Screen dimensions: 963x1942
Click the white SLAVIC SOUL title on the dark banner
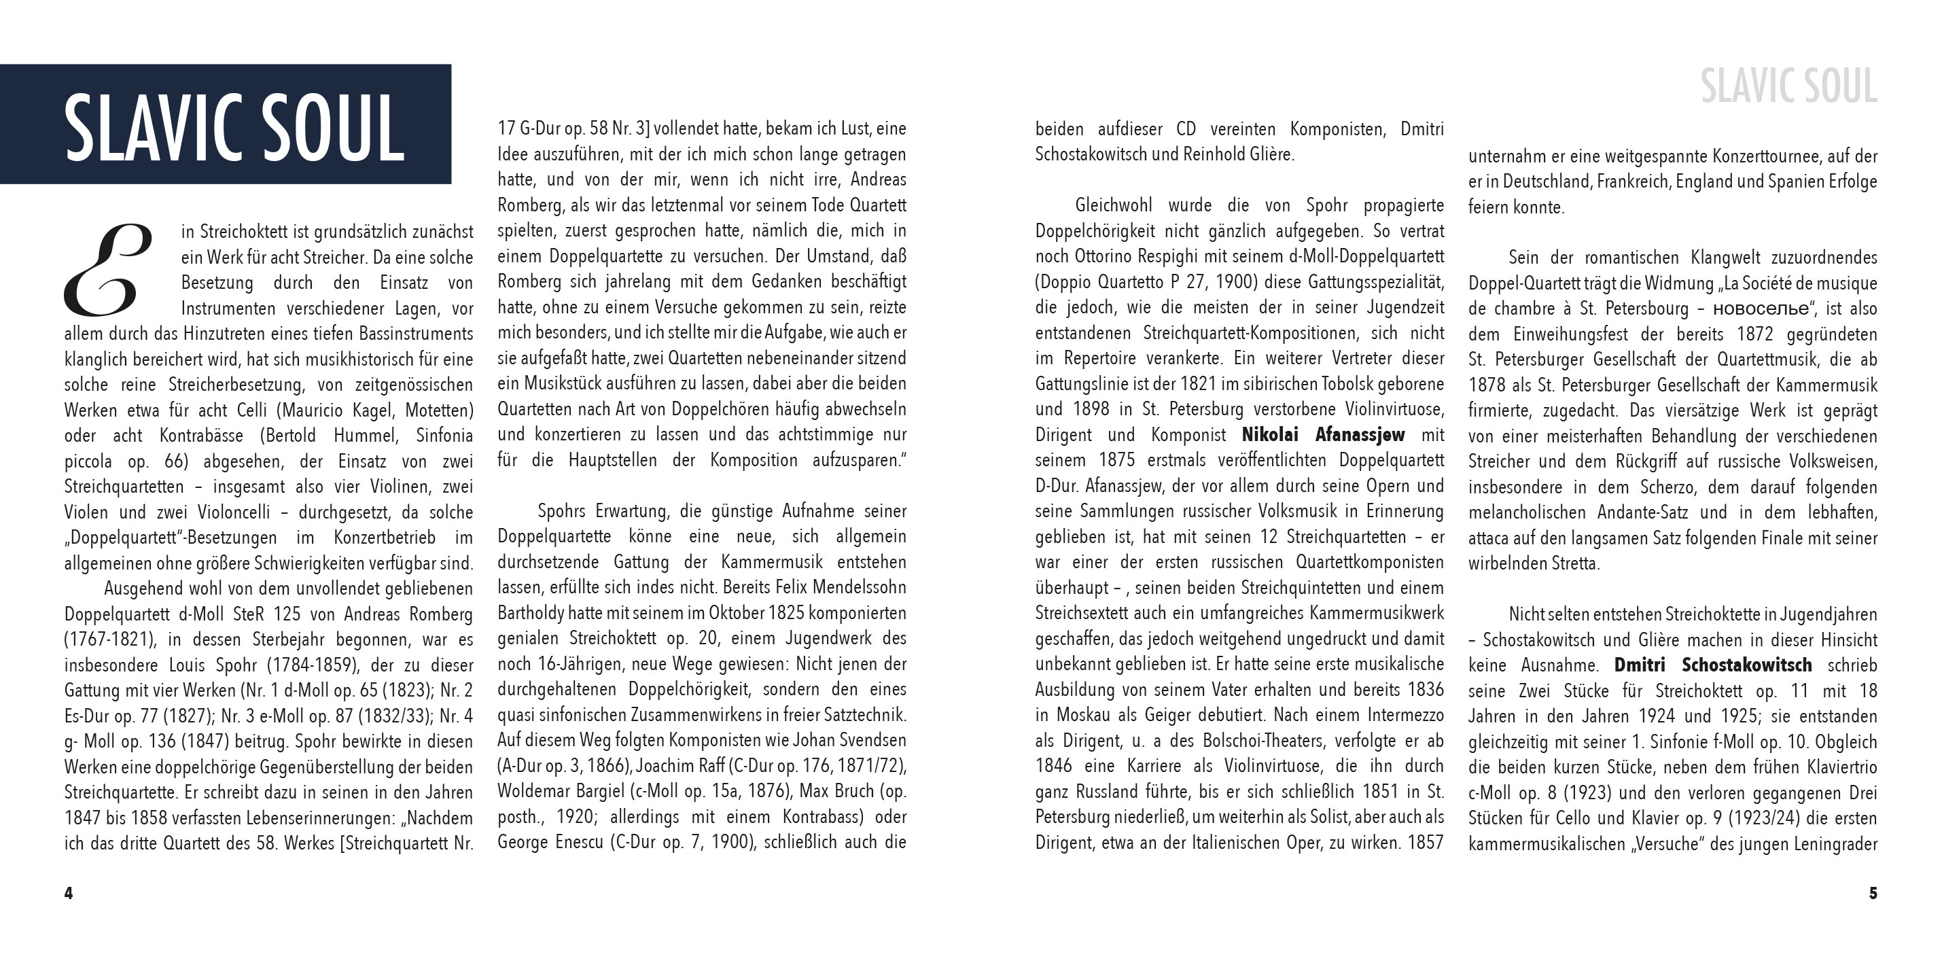[x=234, y=126]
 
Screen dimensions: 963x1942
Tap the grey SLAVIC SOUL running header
[x=1788, y=87]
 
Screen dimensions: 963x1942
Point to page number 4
[x=69, y=894]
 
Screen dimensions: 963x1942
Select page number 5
[x=1873, y=894]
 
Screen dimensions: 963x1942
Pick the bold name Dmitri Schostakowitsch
[x=1713, y=665]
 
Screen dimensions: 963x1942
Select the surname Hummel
[x=367, y=436]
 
